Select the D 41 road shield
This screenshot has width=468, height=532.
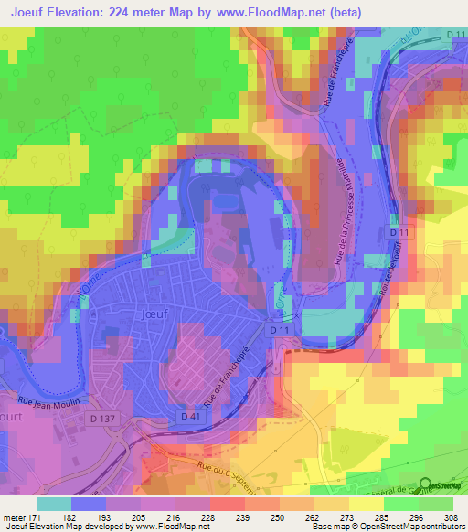point(189,416)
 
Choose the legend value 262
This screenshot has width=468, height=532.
point(311,517)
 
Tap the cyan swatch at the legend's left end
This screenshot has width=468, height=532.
point(53,504)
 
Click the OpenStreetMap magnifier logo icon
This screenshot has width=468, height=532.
point(426,485)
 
